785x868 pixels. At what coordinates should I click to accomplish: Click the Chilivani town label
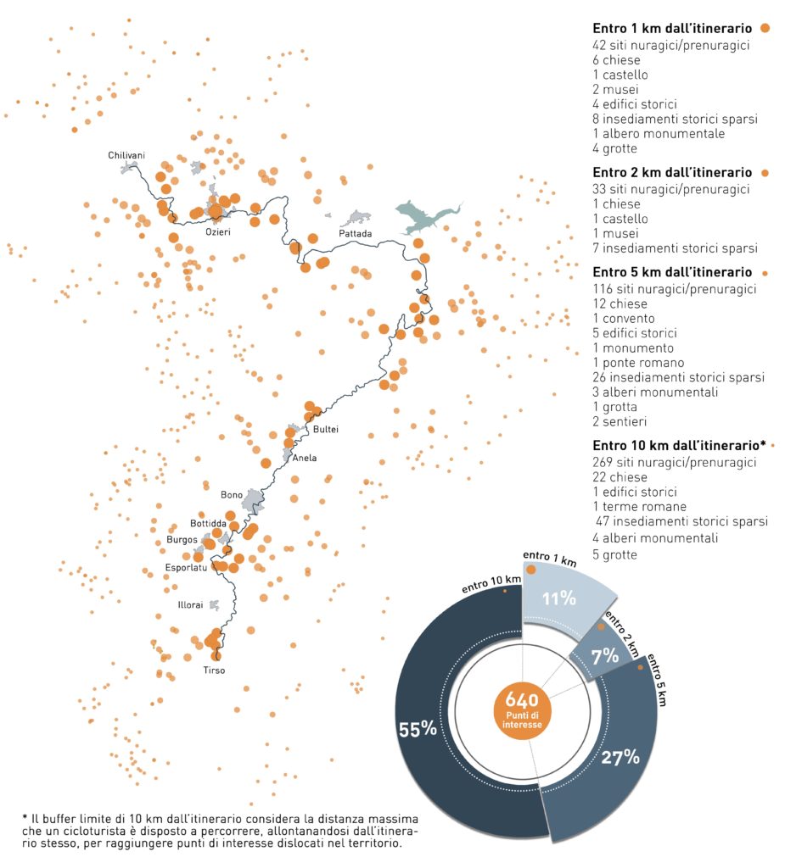[x=126, y=155]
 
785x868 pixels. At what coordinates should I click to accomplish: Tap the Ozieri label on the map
[x=218, y=230]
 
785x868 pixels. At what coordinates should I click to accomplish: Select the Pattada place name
[x=355, y=233]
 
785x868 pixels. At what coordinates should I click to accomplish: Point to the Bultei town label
[x=326, y=429]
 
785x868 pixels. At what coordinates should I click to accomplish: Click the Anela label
[x=304, y=458]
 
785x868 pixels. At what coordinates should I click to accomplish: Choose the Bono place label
[x=232, y=494]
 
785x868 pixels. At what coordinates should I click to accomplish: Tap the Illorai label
[x=190, y=605]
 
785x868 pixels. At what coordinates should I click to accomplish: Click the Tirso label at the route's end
[x=214, y=670]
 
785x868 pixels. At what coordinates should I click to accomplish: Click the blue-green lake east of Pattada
[x=424, y=216]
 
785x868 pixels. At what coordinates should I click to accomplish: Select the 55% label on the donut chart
[x=418, y=729]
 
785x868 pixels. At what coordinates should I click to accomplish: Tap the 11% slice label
[x=559, y=598]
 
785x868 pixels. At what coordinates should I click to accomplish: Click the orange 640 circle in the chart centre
[x=522, y=708]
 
